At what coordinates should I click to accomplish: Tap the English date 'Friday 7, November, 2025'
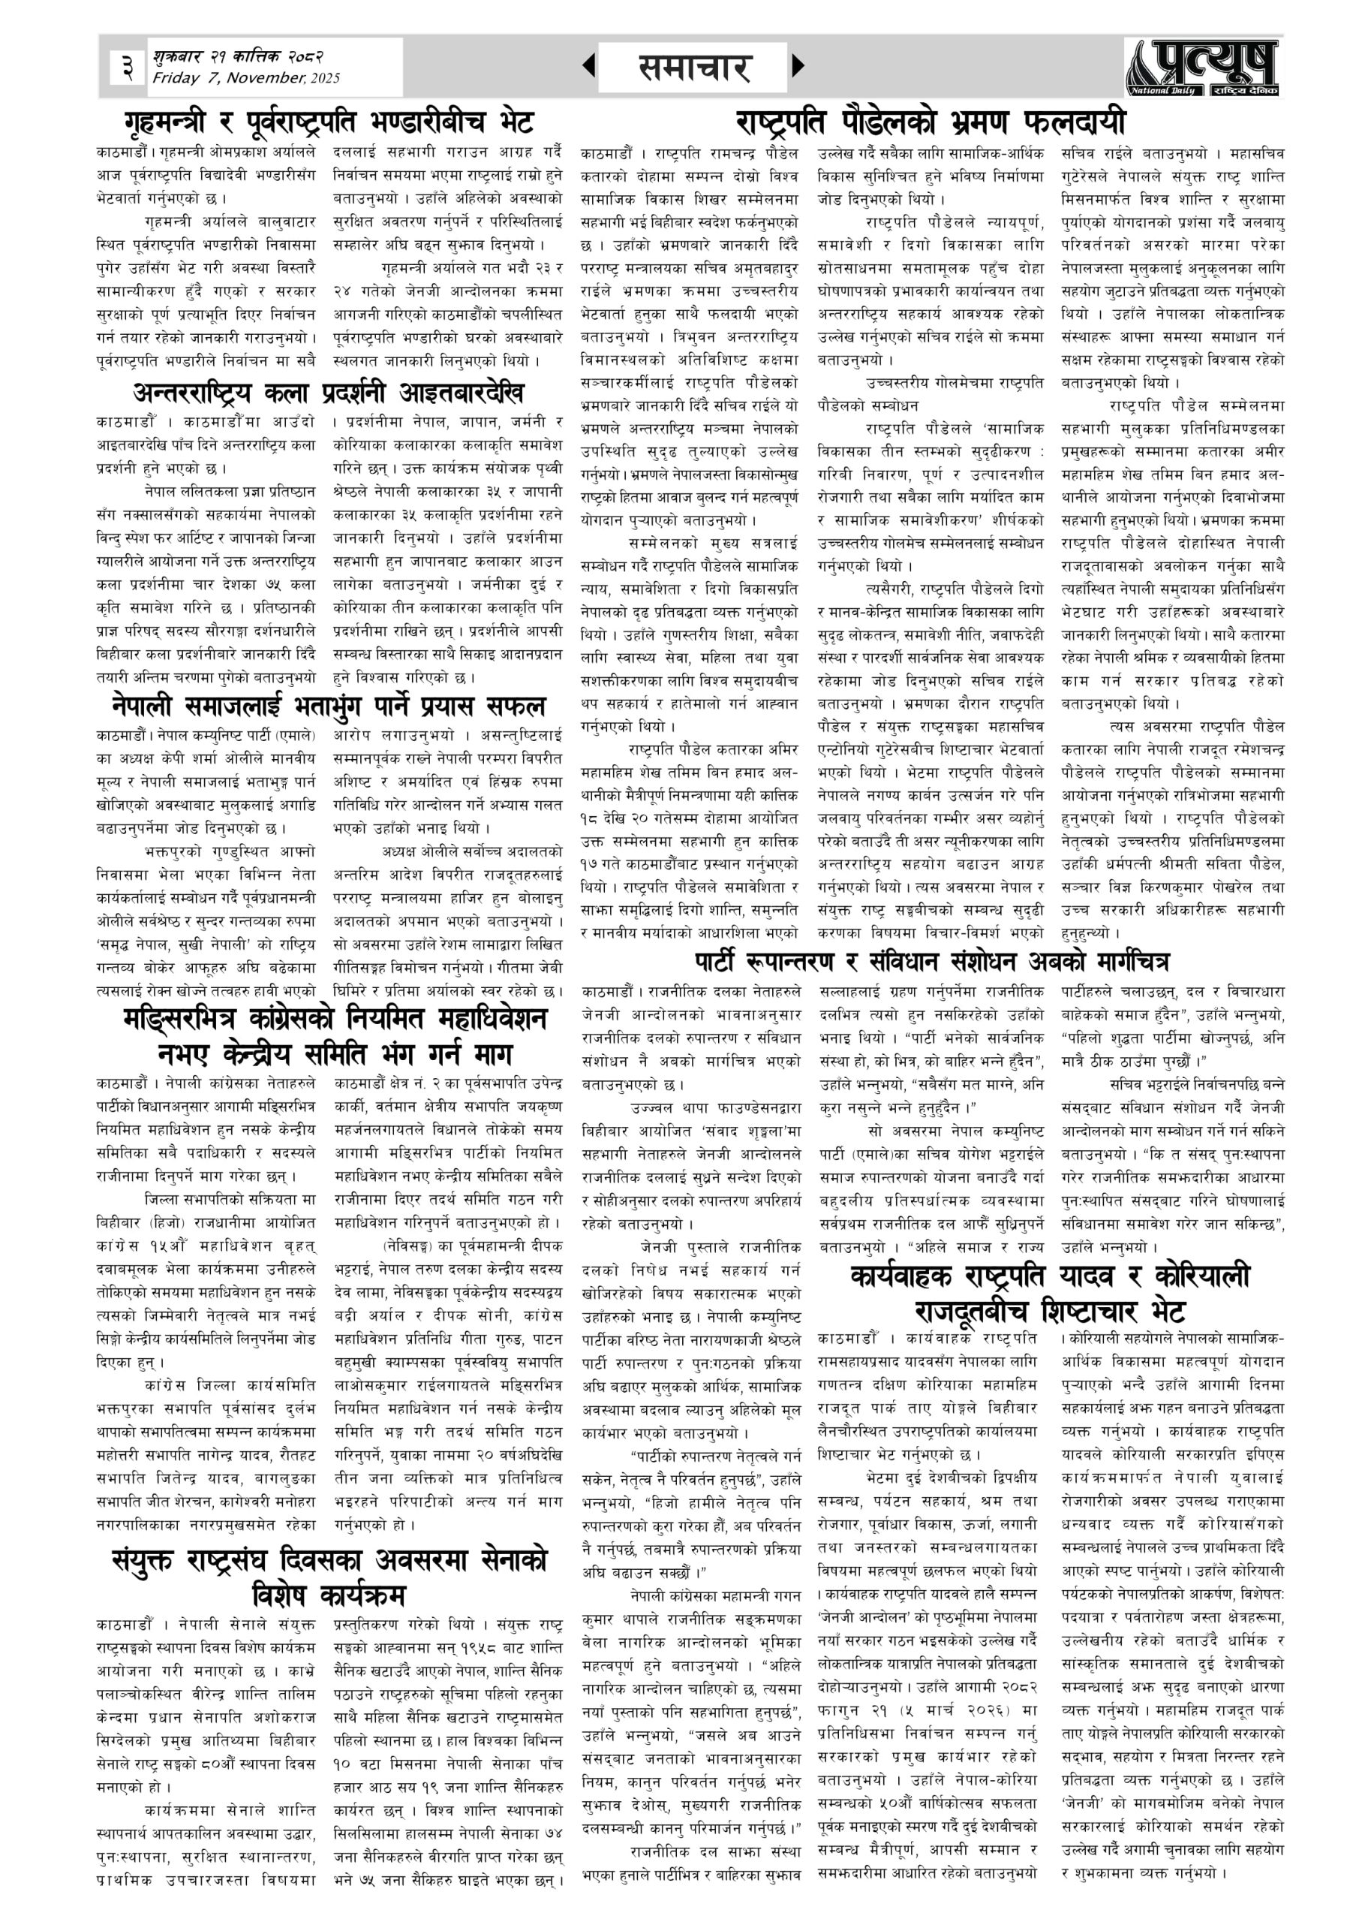(x=246, y=79)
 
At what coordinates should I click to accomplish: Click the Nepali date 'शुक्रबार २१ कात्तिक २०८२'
(x=239, y=57)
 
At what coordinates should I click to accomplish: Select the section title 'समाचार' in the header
(x=693, y=68)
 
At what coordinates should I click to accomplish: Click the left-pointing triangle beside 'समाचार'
(x=589, y=65)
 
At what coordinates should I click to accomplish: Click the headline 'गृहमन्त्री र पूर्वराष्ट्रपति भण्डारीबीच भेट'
(x=328, y=122)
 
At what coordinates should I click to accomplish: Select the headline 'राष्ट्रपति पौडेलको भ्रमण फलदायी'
(x=931, y=122)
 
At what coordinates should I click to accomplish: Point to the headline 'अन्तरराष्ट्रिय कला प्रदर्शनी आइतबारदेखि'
(x=329, y=392)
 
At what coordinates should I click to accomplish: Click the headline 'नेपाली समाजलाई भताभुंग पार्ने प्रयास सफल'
(x=328, y=706)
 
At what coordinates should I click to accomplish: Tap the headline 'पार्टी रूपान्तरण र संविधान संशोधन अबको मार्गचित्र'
(x=931, y=961)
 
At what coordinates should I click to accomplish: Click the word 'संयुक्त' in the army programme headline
(x=165, y=1559)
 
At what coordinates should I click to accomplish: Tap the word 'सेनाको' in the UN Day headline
(x=493, y=1559)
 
